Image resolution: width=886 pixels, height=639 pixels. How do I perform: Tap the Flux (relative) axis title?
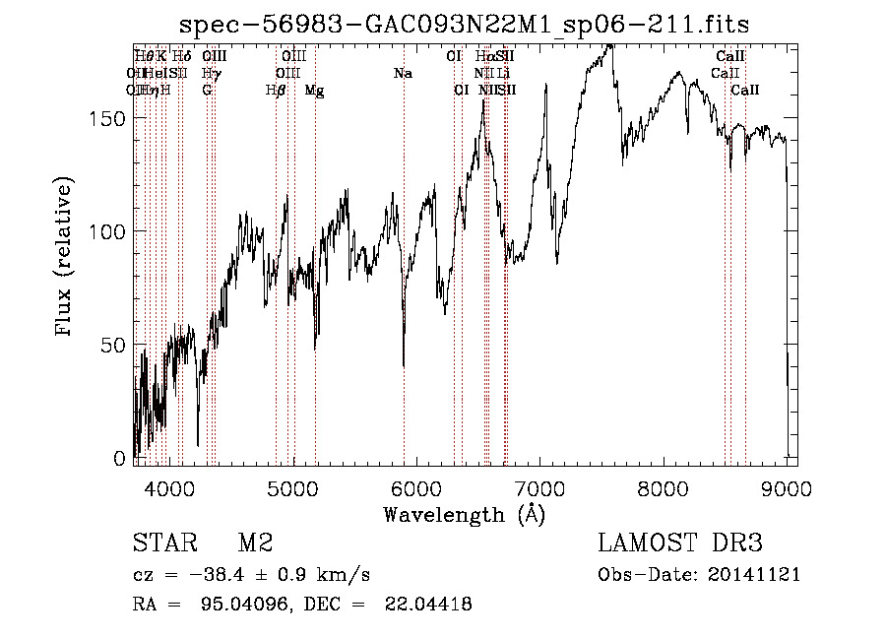coord(65,258)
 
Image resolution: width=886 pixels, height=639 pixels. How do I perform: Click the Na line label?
coord(402,74)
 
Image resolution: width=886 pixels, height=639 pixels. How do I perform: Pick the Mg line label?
coord(314,91)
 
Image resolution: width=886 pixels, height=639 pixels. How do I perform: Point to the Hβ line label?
coord(277,91)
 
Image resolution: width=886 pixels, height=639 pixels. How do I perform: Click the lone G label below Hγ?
coord(207,91)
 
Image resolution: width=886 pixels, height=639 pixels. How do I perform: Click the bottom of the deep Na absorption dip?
coord(404,365)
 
